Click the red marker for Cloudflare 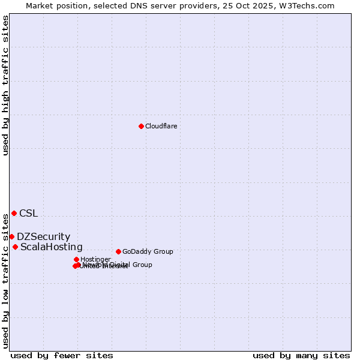[141, 126]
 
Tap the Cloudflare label [161, 126]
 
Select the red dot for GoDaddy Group [118, 251]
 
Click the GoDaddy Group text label [148, 251]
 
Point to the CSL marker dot [14, 213]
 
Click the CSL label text [28, 213]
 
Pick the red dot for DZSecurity [11, 236]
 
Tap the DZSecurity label [43, 237]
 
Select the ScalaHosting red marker [15, 247]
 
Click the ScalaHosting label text [52, 247]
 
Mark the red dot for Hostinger [76, 259]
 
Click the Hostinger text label [95, 259]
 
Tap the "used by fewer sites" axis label [62, 355]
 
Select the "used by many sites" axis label [301, 355]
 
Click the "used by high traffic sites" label [6, 85]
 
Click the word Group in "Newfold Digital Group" [142, 265]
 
